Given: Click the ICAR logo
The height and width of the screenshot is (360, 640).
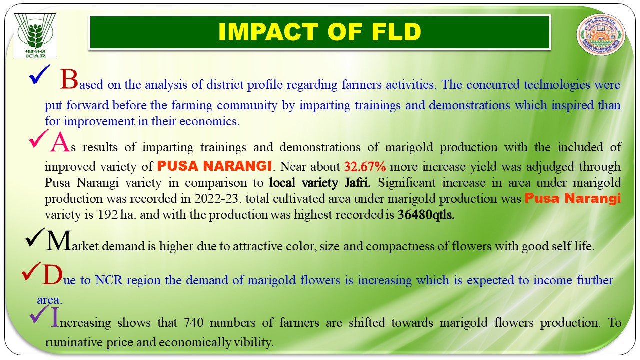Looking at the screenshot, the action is tap(35, 36).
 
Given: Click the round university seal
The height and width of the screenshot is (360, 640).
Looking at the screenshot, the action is tap(601, 35).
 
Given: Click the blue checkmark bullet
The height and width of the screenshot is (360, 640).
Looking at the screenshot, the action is tap(39, 75).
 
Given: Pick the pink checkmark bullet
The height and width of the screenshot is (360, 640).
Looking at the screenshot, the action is tap(38, 139).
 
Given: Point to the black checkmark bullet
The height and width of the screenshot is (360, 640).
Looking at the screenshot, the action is tap(35, 237).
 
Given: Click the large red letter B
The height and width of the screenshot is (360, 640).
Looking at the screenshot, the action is tap(69, 79).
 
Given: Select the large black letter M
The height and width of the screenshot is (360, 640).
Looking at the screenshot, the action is tap(58, 241).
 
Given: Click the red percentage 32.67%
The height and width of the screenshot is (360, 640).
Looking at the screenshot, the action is tap(365, 167).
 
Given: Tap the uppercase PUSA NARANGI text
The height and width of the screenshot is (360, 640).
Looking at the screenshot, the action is tap(214, 166).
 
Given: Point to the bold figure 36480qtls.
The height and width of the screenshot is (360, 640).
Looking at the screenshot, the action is tap(426, 215).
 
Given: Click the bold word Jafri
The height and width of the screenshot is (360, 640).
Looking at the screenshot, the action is tap(357, 183).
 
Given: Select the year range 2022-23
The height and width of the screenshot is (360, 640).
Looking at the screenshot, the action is tap(216, 199).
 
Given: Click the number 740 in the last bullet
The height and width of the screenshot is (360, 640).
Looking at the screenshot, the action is tap(193, 323).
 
